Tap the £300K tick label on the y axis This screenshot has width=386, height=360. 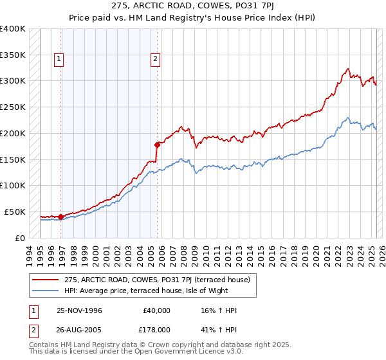tap(13, 81)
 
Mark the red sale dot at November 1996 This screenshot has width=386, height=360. tap(61, 217)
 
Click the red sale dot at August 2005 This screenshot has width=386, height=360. tap(157, 145)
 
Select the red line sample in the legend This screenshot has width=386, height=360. tap(46, 279)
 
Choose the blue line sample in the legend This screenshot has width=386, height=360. tap(46, 291)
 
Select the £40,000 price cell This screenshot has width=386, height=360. tap(155, 310)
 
